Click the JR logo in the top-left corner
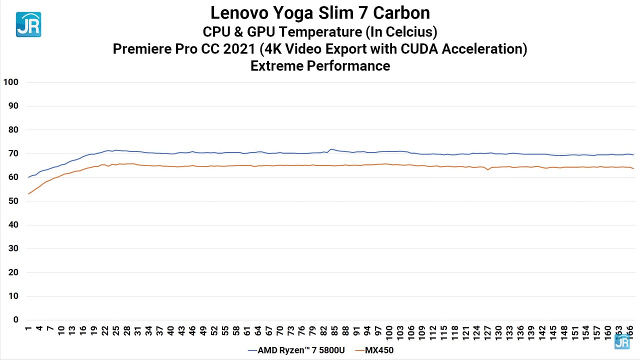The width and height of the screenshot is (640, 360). tap(28, 24)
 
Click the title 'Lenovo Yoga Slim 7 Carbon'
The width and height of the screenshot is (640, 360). tap(320, 12)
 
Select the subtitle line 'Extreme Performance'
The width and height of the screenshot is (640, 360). tap(320, 65)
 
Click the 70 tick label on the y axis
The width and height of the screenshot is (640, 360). tap(12, 153)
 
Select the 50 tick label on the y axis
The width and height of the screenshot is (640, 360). tap(12, 201)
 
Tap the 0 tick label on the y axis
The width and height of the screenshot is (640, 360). tap(15, 320)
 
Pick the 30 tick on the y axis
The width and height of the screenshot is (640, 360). tap(12, 248)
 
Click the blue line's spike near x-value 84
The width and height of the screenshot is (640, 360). tap(331, 149)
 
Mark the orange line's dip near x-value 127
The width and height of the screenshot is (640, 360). tap(488, 170)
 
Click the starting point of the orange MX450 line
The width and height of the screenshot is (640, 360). tap(28, 194)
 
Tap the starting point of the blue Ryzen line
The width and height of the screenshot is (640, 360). tap(28, 177)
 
